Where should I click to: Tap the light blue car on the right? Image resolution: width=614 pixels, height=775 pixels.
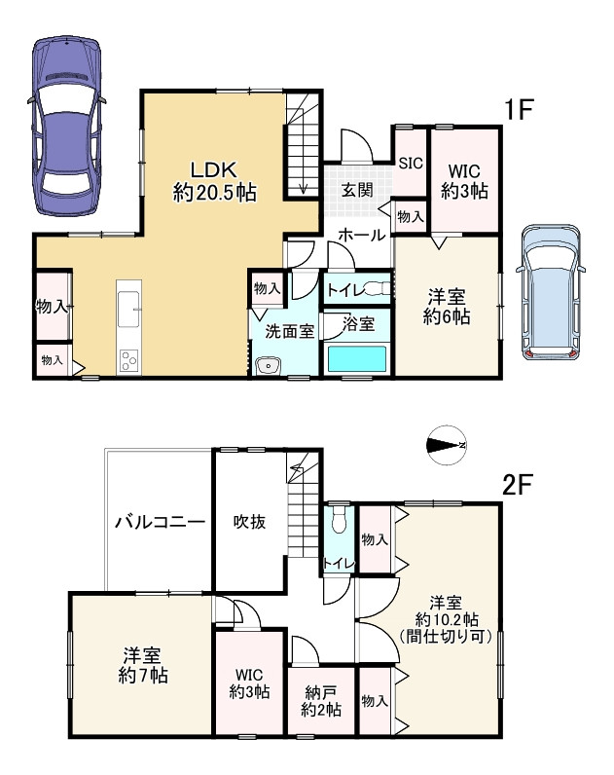(551, 292)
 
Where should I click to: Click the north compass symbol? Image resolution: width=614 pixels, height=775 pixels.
(447, 445)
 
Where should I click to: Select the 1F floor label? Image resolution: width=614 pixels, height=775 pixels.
(519, 109)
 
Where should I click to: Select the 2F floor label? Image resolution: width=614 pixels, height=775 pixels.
(517, 486)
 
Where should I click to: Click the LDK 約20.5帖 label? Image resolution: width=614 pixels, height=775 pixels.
(214, 181)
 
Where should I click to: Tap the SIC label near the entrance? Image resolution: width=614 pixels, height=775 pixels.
(411, 163)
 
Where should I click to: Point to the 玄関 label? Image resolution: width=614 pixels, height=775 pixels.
(357, 190)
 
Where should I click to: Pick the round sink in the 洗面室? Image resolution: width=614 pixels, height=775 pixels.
(269, 366)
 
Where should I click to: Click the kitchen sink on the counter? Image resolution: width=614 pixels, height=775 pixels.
(129, 309)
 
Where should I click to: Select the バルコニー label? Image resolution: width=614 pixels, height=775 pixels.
(160, 522)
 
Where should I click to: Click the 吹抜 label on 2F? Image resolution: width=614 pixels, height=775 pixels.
(249, 522)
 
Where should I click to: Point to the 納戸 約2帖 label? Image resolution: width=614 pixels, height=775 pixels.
(321, 701)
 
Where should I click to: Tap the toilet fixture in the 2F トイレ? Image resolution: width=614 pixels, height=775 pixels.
(339, 520)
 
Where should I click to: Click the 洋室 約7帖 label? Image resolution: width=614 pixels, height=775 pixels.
(143, 666)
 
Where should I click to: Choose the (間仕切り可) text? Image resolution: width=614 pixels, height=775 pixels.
(446, 636)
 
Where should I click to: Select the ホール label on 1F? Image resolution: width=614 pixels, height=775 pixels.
(362, 235)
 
